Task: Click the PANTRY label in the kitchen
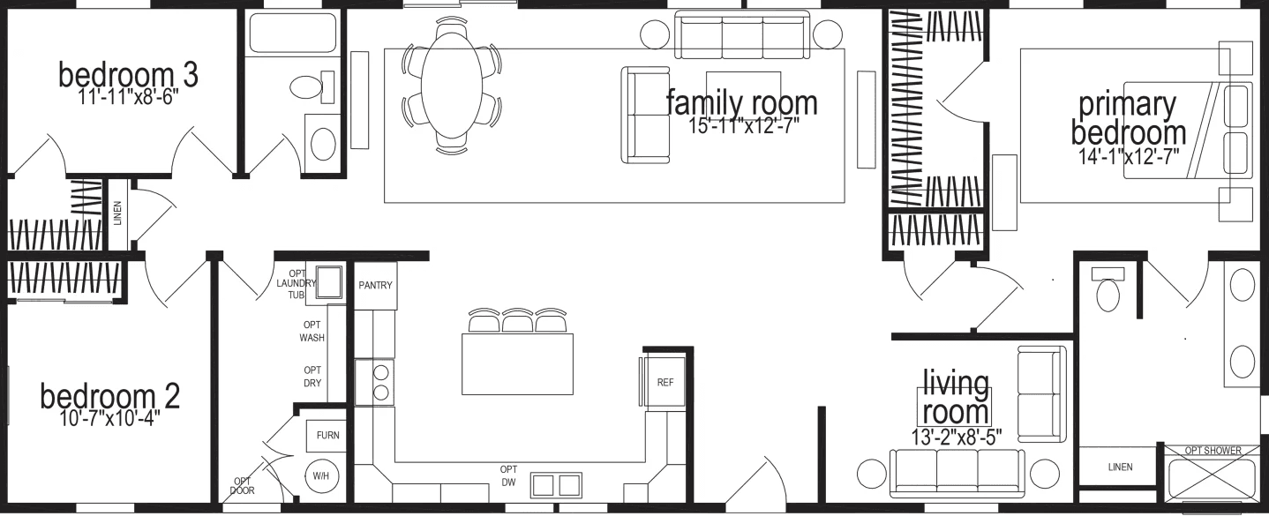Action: (x=375, y=286)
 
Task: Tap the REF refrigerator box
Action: (x=665, y=383)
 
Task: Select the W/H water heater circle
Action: (x=319, y=476)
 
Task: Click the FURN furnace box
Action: (x=327, y=436)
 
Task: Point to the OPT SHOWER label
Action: (x=1213, y=451)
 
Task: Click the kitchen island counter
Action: (x=517, y=363)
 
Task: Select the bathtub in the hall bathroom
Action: (x=292, y=33)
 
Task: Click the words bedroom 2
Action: (x=109, y=397)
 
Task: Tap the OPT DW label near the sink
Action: (x=508, y=475)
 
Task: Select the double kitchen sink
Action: (x=556, y=484)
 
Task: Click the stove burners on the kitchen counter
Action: (x=382, y=383)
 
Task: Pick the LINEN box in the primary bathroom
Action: (x=1120, y=467)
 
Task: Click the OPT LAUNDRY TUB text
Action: (x=295, y=283)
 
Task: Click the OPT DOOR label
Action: (x=242, y=486)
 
